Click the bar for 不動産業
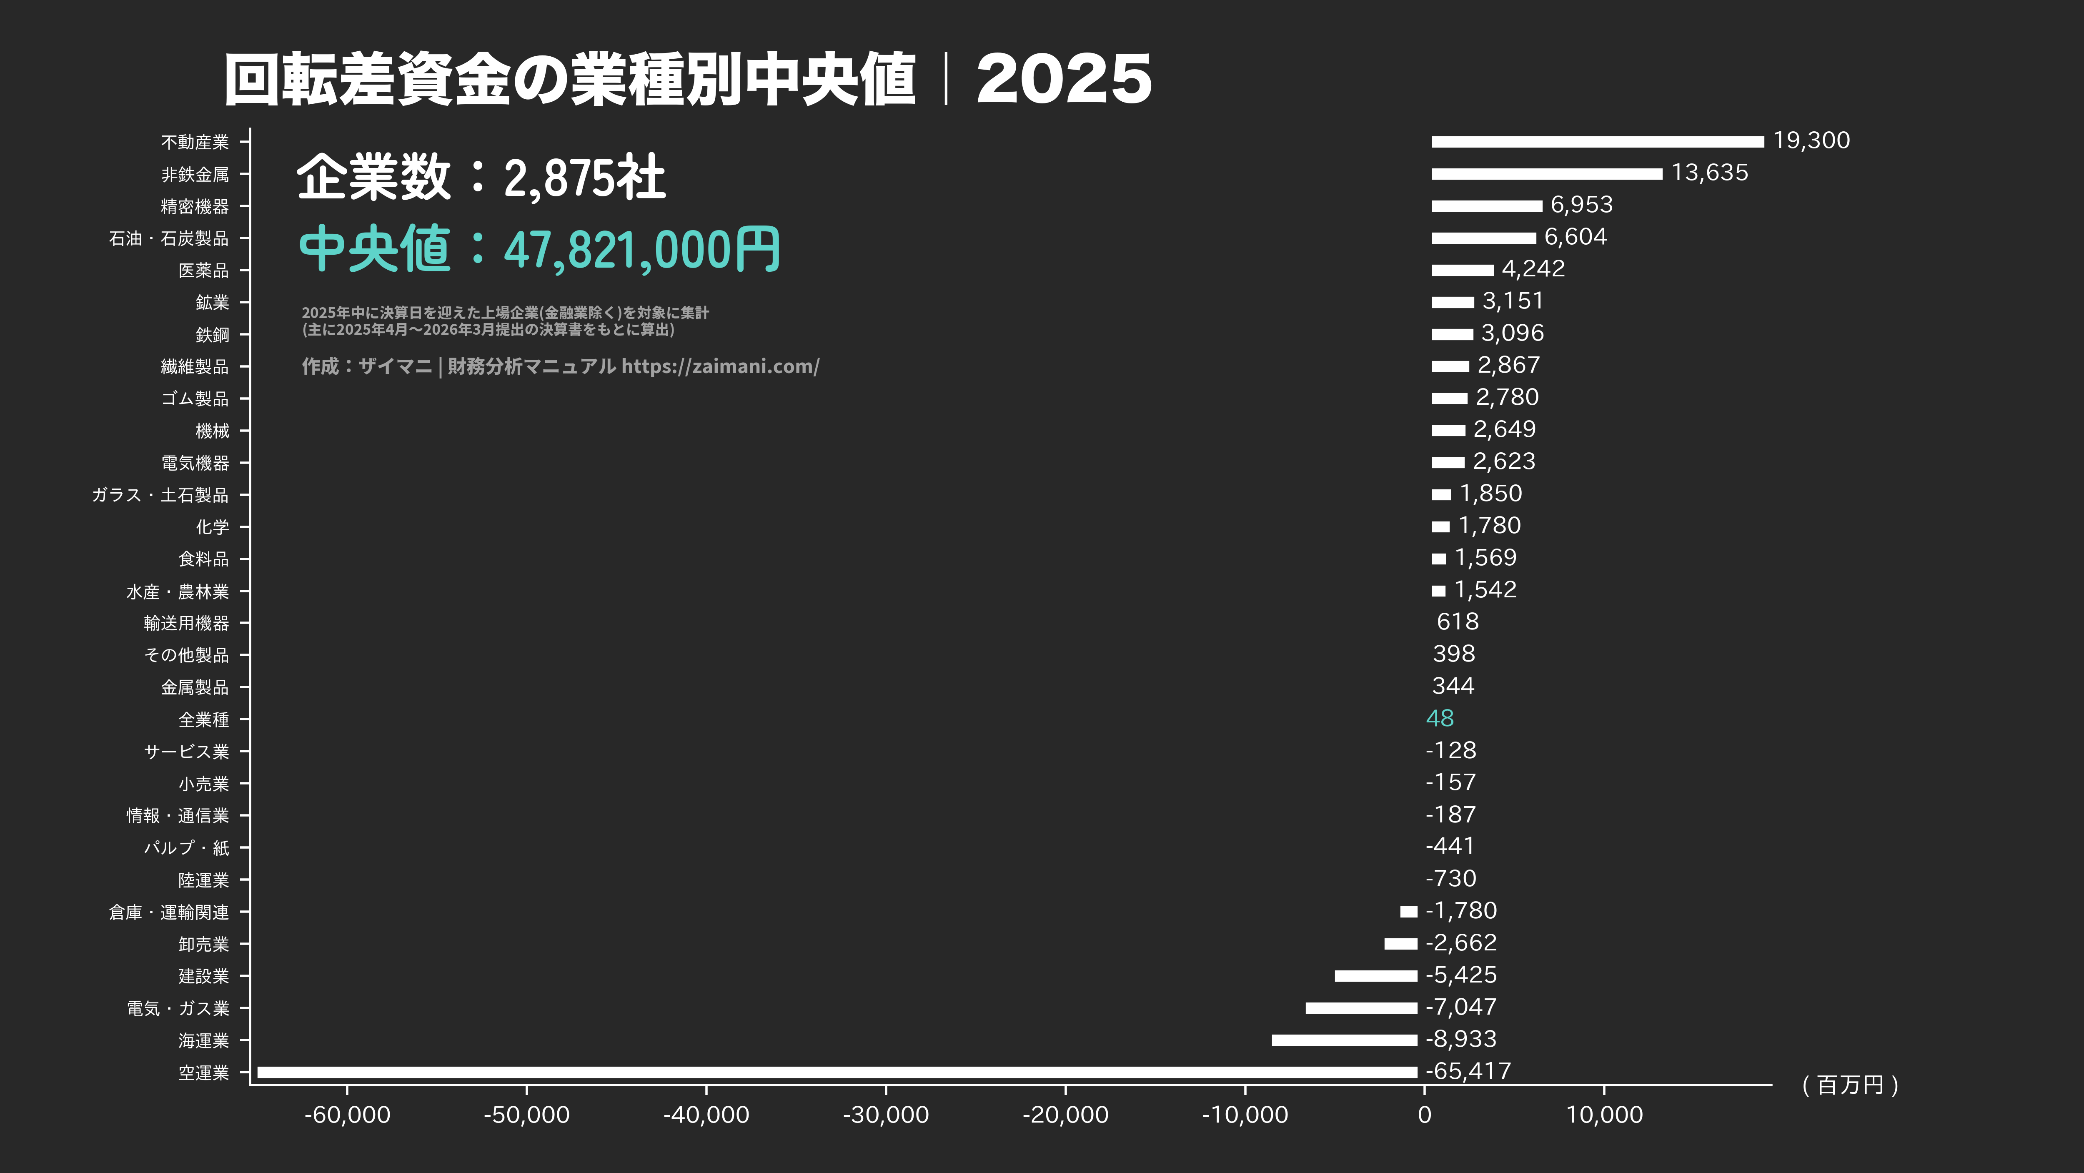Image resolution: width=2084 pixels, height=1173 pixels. (x=1597, y=142)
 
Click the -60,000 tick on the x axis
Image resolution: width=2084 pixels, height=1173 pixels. (x=347, y=1115)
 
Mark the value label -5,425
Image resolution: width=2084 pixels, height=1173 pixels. (x=1461, y=975)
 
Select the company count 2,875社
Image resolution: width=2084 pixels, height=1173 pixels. (x=584, y=178)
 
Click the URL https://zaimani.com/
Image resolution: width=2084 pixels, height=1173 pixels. (x=720, y=366)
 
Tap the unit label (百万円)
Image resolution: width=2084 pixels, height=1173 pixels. (x=1849, y=1085)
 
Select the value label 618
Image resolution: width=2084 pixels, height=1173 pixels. (x=1457, y=621)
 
